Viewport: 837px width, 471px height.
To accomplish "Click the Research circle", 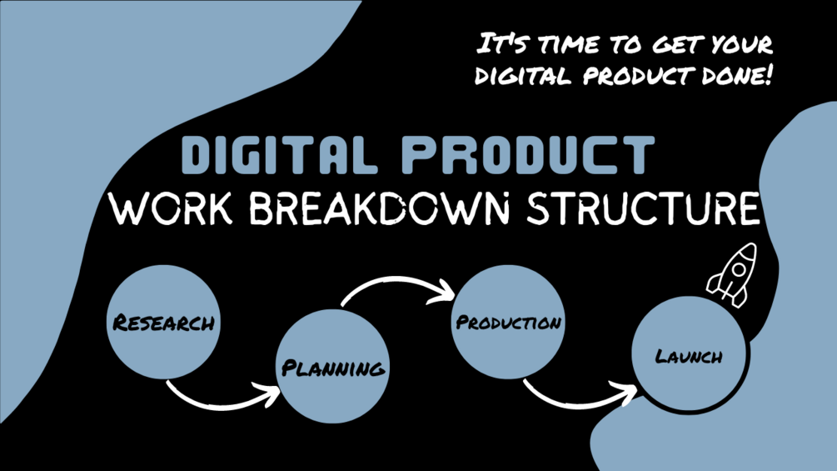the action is [x=163, y=322].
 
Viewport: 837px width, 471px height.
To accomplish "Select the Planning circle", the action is [x=332, y=366].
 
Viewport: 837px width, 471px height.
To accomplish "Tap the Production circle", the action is [x=508, y=322].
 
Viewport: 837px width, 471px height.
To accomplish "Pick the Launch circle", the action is [x=689, y=354].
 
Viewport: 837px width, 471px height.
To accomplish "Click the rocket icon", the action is [x=732, y=275].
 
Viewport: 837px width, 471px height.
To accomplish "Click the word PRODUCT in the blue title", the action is [x=528, y=155].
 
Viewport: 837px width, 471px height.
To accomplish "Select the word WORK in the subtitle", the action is [x=171, y=208].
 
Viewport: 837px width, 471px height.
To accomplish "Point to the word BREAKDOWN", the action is [x=380, y=208].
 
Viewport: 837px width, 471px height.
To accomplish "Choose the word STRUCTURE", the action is [x=643, y=208].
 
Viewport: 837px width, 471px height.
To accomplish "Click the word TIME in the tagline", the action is [x=569, y=44].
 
